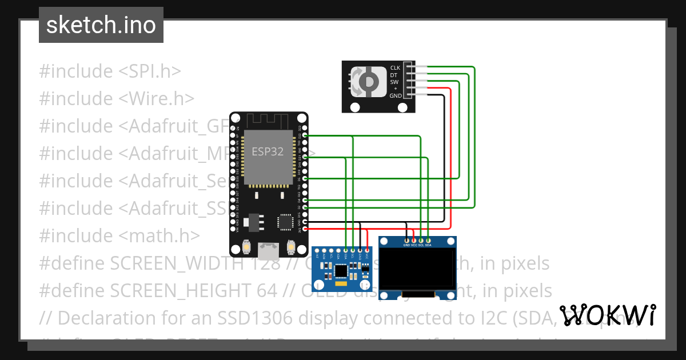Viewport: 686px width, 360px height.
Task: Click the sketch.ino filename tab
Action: click(x=101, y=25)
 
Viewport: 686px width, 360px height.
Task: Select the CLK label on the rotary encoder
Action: click(x=395, y=67)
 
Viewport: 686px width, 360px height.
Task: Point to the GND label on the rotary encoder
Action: click(x=395, y=96)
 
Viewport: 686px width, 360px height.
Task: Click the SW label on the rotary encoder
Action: click(x=394, y=82)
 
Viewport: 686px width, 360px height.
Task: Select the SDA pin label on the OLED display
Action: click(x=428, y=245)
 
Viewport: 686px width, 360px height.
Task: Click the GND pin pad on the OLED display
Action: click(x=406, y=240)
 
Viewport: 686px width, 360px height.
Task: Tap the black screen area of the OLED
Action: click(x=417, y=269)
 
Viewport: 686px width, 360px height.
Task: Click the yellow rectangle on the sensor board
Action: click(x=341, y=283)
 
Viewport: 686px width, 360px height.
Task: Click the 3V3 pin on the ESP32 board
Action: click(x=305, y=229)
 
